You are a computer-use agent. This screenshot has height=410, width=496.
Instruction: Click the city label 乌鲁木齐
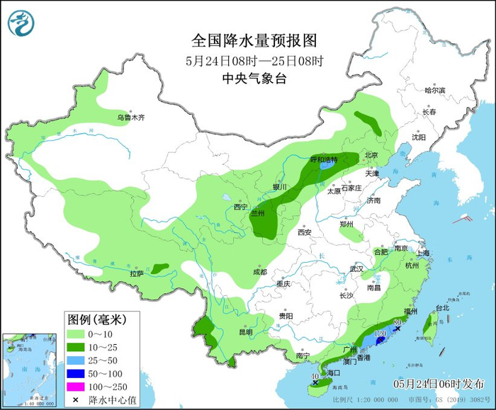(130, 118)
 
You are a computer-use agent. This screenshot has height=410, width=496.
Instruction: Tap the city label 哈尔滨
(434, 91)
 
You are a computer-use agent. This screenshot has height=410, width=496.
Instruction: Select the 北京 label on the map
(371, 155)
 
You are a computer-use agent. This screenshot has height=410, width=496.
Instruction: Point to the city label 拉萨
(136, 273)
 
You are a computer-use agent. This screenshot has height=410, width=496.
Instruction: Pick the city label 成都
(259, 272)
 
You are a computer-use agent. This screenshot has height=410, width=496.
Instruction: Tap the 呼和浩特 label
(324, 159)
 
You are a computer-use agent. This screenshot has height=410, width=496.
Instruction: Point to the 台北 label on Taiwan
(441, 308)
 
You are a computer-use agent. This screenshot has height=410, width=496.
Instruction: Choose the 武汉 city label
(356, 269)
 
